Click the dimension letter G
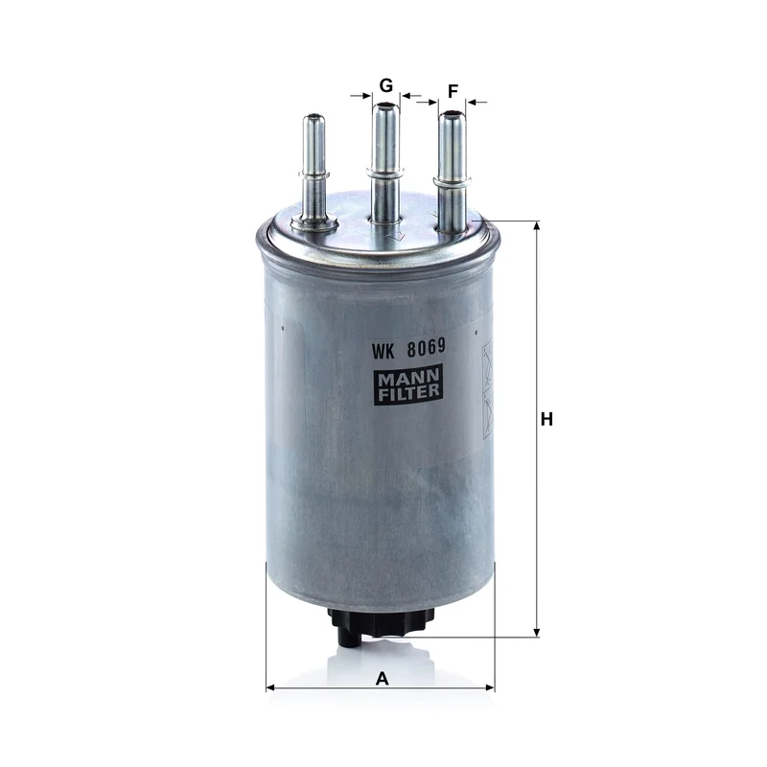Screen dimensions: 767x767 point(386,85)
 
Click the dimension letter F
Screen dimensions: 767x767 point(453,91)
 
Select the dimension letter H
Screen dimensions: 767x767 point(546,419)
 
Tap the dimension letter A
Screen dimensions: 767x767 point(382,679)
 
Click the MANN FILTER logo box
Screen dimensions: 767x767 point(409,384)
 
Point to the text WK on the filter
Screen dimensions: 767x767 point(383,351)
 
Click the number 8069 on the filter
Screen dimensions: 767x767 point(427,347)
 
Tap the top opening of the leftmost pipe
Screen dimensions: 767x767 point(314,117)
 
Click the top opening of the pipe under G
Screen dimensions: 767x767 point(386,105)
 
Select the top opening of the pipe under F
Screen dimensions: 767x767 point(452,114)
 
